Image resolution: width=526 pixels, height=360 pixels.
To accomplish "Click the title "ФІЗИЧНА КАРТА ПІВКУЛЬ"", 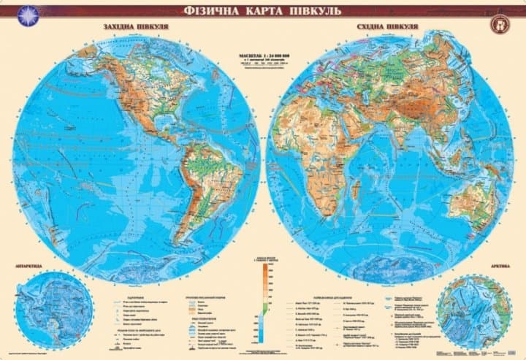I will pyautogui.click(x=262, y=12).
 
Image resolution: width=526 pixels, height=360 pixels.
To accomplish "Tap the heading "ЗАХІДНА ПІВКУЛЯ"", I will pyautogui.click(x=131, y=27).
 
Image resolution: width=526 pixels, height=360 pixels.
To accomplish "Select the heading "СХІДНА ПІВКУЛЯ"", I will pyautogui.click(x=388, y=27).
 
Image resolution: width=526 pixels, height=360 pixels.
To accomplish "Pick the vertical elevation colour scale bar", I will pyautogui.click(x=263, y=292).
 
